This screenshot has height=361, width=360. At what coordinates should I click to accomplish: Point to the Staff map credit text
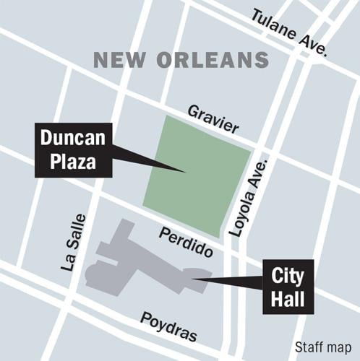pos(322,347)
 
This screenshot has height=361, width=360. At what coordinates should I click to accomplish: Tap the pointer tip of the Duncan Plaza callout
pos(186,171)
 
